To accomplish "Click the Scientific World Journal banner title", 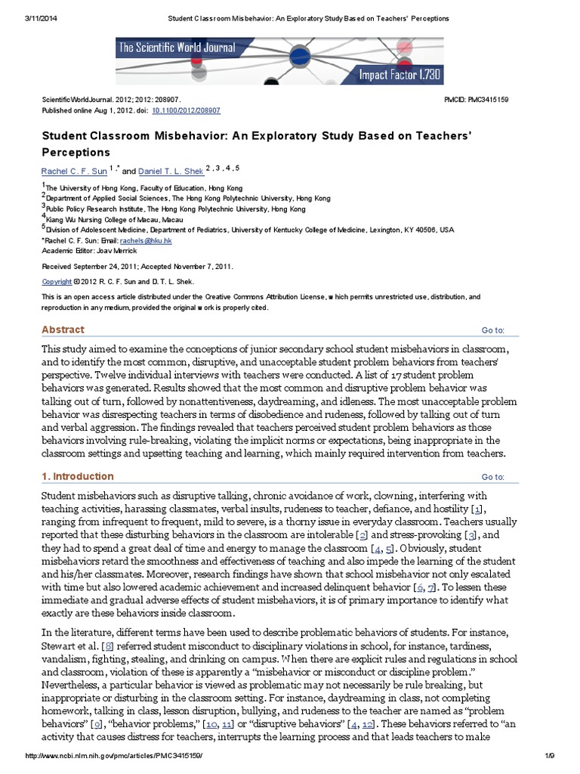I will pyautogui.click(x=177, y=48).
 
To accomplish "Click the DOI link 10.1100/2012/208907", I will pyautogui.click(x=187, y=110).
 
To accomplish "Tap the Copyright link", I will pyautogui.click(x=57, y=281).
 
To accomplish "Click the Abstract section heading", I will pyautogui.click(x=63, y=330).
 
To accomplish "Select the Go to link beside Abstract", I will pyautogui.click(x=492, y=330).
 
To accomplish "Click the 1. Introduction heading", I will pyautogui.click(x=78, y=476).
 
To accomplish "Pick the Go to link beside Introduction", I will pyautogui.click(x=492, y=477).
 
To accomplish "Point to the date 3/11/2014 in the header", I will pyautogui.click(x=22, y=17).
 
